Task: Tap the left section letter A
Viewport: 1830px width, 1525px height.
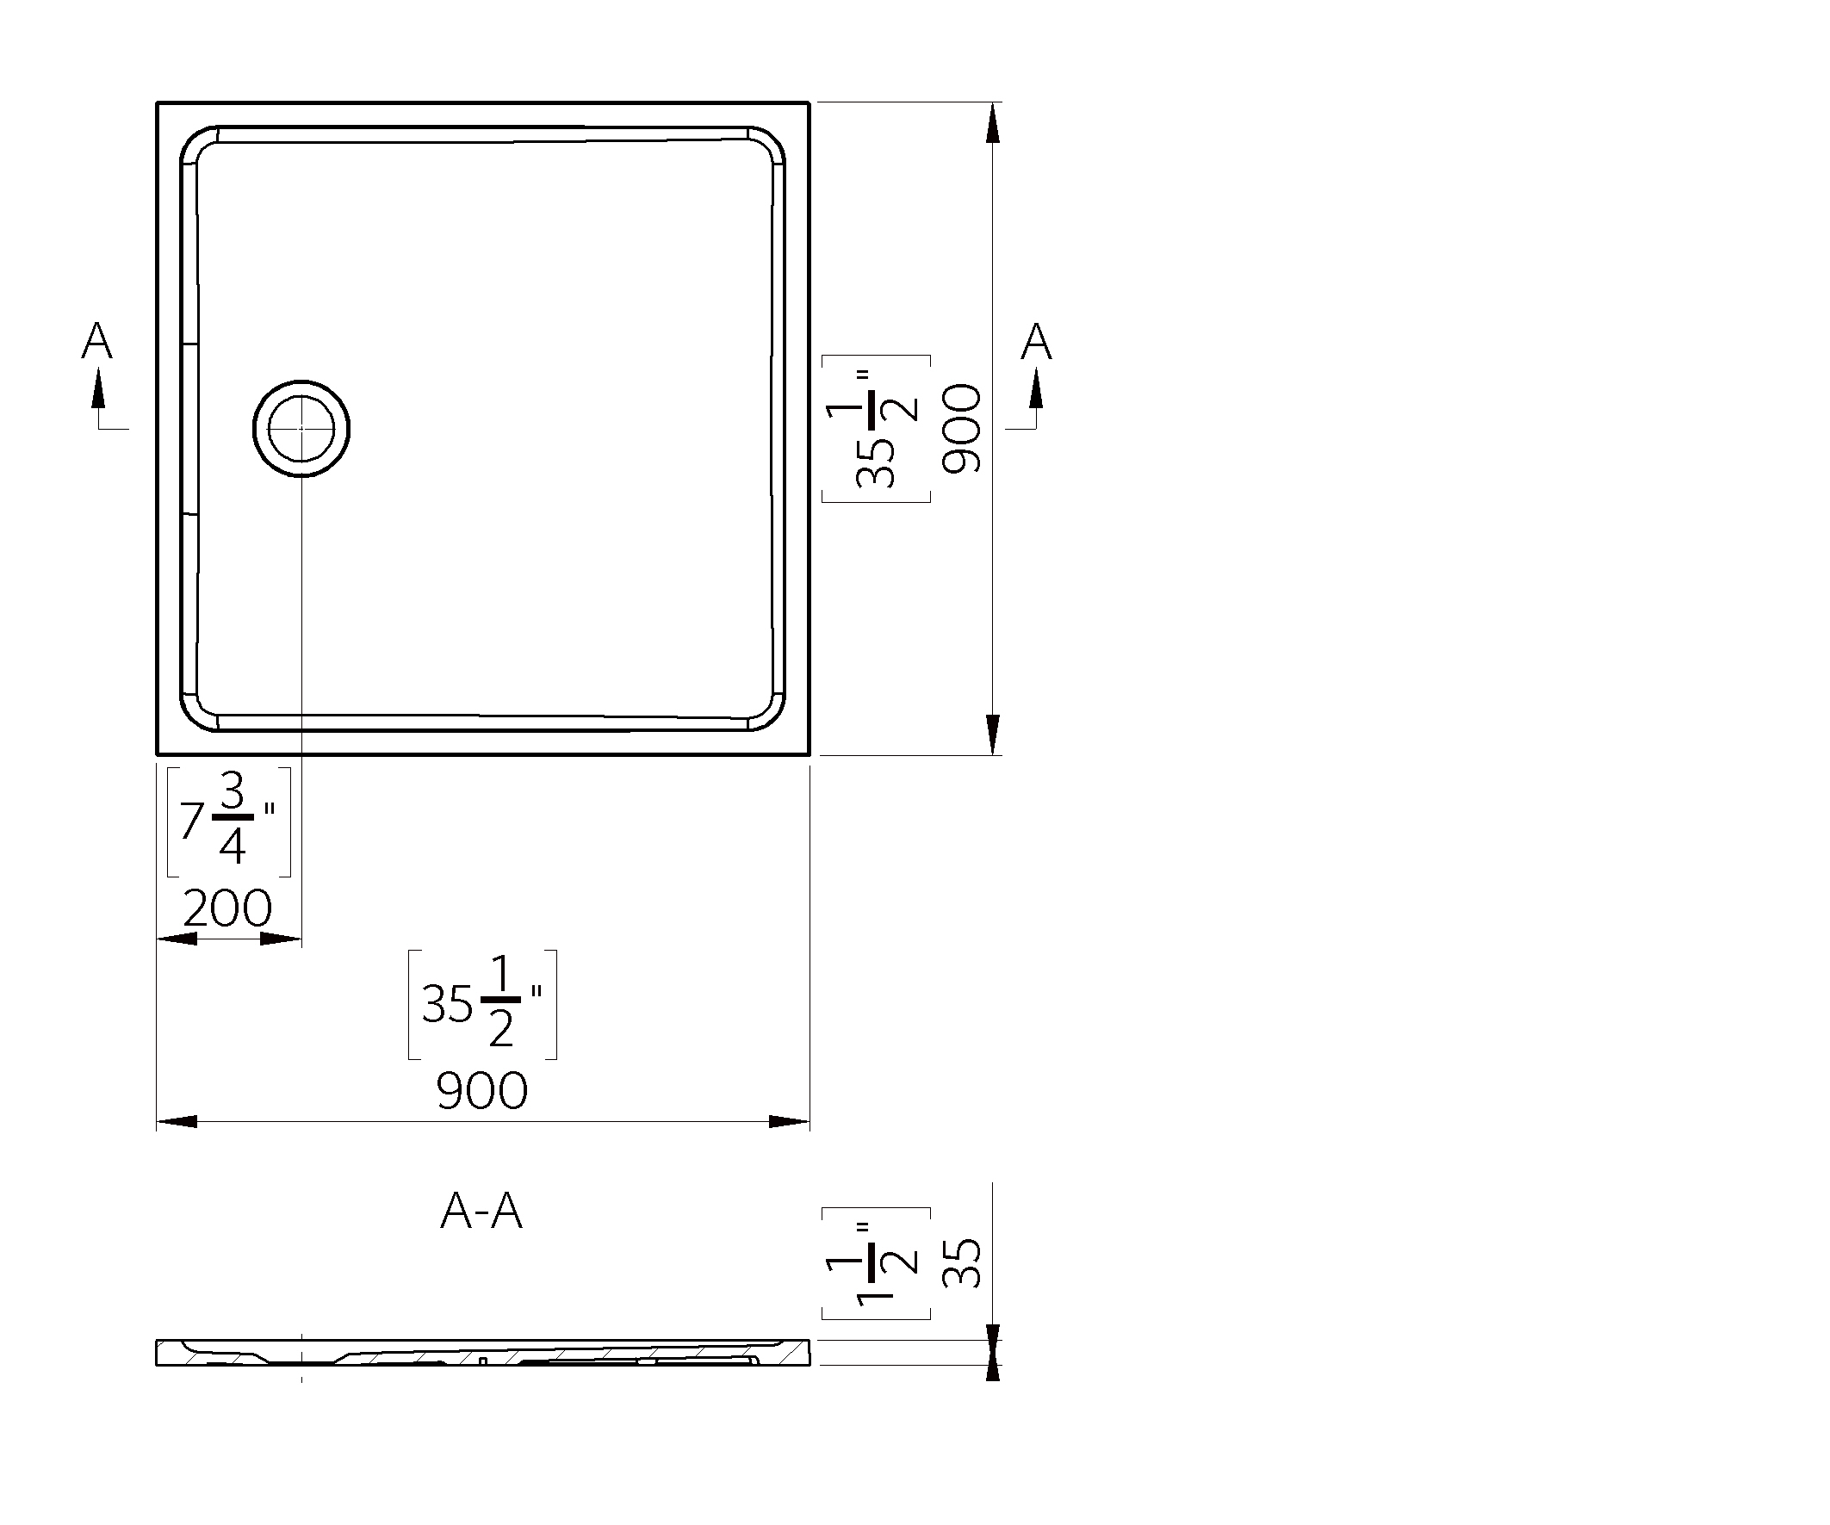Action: pyautogui.click(x=96, y=341)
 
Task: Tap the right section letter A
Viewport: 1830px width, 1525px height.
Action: pyautogui.click(x=1036, y=341)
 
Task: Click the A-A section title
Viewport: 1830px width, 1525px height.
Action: pyautogui.click(x=482, y=1211)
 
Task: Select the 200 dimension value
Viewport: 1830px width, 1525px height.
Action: pyautogui.click(x=227, y=908)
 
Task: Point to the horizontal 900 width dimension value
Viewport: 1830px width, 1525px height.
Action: pyautogui.click(x=482, y=1090)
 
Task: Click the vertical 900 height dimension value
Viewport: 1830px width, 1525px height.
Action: pyautogui.click(x=962, y=429)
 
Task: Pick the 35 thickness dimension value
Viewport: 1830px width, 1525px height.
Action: pyautogui.click(x=962, y=1263)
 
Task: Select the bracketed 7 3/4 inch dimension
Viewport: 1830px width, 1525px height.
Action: pyautogui.click(x=228, y=821)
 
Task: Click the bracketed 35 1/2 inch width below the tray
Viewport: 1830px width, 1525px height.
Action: pyautogui.click(x=483, y=1005)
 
